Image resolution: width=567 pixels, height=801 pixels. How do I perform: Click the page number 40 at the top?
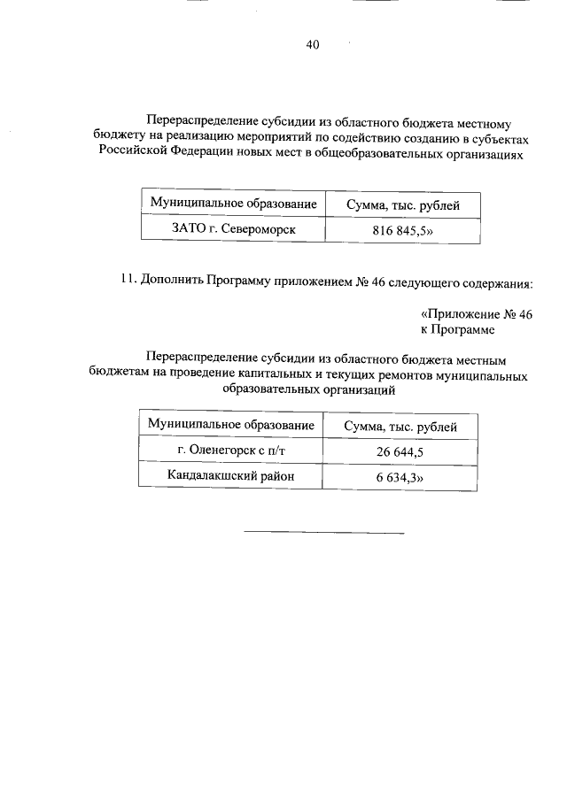pyautogui.click(x=313, y=43)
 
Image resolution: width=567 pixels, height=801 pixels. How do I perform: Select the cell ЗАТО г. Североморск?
pyautogui.click(x=233, y=229)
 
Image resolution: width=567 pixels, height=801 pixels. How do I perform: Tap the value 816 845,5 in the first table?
pyautogui.click(x=401, y=230)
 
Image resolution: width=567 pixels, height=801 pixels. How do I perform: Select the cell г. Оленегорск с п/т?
pyautogui.click(x=232, y=451)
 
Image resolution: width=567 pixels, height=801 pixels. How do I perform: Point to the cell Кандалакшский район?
pyautogui.click(x=231, y=477)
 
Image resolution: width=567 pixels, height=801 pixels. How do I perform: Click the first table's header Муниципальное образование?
pyautogui.click(x=233, y=204)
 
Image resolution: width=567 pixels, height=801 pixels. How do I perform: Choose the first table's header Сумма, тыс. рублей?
pyautogui.click(x=401, y=205)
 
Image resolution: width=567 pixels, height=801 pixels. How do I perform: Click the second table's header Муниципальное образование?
pyautogui.click(x=231, y=426)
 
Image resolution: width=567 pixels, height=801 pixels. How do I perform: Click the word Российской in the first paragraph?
pyautogui.click(x=128, y=153)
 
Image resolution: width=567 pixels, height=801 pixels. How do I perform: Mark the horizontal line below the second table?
pyautogui.click(x=323, y=533)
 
